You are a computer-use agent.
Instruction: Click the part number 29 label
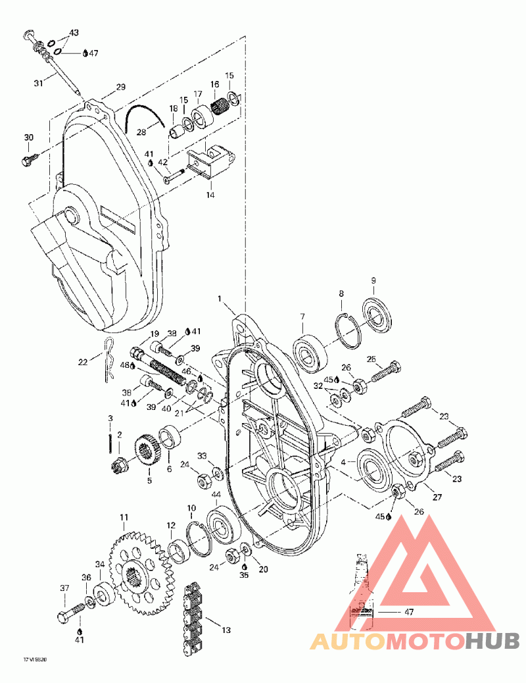pyautogui.click(x=120, y=87)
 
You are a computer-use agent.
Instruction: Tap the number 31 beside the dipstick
pyautogui.click(x=37, y=83)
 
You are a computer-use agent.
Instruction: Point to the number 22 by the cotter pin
pyautogui.click(x=83, y=363)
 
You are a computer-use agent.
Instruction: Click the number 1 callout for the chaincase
pyautogui.click(x=221, y=299)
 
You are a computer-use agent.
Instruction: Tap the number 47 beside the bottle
pyautogui.click(x=408, y=612)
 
